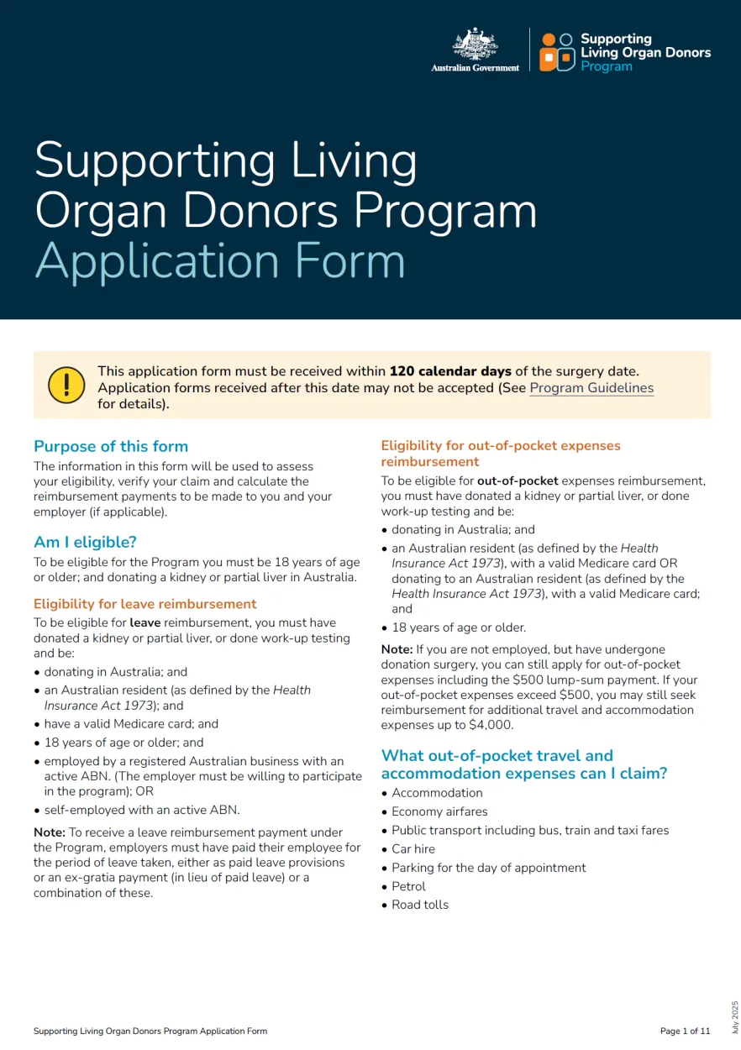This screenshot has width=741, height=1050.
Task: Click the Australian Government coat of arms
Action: (476, 44)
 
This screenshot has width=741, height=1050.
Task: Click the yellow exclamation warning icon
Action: (66, 385)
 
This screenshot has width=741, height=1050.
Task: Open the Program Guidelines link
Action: (591, 388)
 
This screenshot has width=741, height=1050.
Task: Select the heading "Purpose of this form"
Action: (111, 446)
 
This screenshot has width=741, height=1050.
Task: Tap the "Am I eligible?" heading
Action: (85, 542)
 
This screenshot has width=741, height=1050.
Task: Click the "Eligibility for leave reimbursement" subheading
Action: (145, 604)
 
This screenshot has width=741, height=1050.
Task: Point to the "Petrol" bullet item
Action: (408, 886)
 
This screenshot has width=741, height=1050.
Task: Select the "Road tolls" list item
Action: (420, 905)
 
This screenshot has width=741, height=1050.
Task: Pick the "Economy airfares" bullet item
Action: (439, 811)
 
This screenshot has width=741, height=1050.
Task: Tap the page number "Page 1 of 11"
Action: (685, 1031)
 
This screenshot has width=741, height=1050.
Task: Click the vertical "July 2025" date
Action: (734, 1016)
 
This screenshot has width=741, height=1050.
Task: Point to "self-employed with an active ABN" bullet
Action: (141, 811)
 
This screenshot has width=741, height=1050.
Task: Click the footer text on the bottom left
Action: (150, 1031)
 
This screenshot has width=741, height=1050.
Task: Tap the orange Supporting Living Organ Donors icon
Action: (557, 51)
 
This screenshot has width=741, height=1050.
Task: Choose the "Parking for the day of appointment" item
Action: (488, 868)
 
